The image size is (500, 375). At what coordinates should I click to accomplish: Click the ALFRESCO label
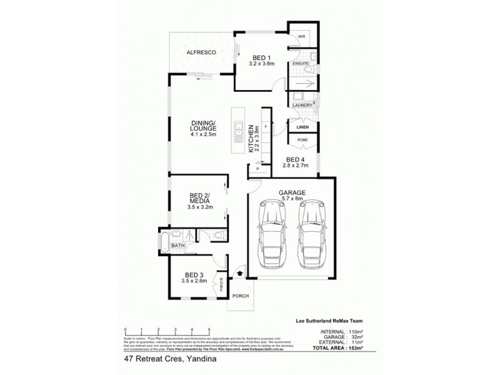point(201,52)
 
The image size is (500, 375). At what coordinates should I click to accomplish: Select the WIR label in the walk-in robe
point(301,37)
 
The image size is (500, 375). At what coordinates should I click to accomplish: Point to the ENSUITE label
point(302,64)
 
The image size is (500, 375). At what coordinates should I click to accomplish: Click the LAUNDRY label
point(302,105)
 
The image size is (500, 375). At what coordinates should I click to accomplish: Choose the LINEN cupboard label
point(303,127)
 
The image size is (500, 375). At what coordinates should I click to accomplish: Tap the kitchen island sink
point(239,132)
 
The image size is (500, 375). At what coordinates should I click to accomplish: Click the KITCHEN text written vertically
point(251,138)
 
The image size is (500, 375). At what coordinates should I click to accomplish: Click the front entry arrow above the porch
point(241,274)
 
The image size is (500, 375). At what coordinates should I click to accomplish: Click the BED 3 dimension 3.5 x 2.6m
point(195,281)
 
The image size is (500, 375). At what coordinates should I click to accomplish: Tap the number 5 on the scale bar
point(208,329)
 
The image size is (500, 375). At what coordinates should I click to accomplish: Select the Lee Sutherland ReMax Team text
point(337,320)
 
